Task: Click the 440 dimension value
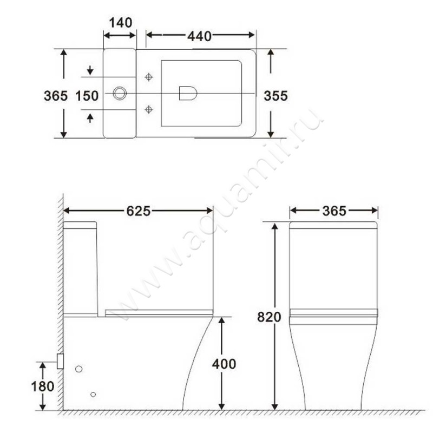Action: click(x=200, y=36)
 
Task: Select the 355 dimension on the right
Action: click(x=275, y=95)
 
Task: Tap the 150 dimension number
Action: click(x=87, y=96)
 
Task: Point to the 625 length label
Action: click(x=138, y=211)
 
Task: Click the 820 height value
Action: click(x=269, y=317)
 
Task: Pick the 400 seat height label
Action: click(x=224, y=364)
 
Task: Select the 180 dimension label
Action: click(x=43, y=386)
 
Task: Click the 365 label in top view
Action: click(x=55, y=96)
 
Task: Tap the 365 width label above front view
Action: click(x=333, y=211)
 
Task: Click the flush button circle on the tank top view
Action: click(x=119, y=94)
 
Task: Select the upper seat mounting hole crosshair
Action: click(x=149, y=77)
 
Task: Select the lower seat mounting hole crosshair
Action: click(x=149, y=110)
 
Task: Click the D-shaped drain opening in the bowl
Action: click(x=187, y=94)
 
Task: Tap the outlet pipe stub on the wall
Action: click(x=60, y=361)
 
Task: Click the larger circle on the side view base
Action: click(x=78, y=369)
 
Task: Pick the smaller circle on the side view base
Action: click(x=94, y=393)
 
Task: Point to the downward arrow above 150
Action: click(x=90, y=70)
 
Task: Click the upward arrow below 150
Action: click(x=90, y=117)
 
